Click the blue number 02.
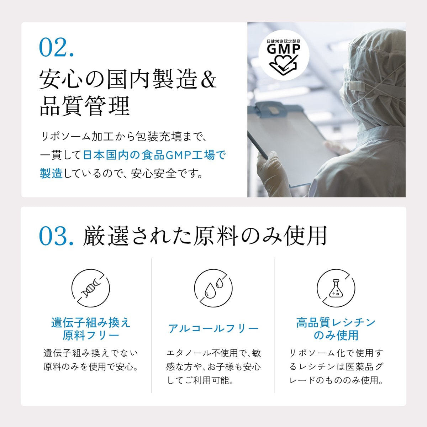[56, 47]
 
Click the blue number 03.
[56, 236]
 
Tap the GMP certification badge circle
[284, 55]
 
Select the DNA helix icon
[91, 288]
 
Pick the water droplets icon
[213, 288]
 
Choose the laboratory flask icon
[336, 288]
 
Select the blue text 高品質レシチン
[336, 323]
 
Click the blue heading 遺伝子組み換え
[91, 323]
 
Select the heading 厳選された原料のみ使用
[205, 236]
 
